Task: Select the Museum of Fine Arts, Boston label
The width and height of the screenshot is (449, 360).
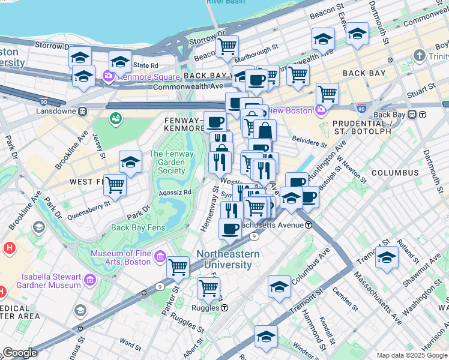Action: [121, 258]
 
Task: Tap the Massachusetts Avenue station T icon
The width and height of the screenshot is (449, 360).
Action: [309, 224]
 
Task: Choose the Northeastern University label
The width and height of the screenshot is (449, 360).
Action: [228, 259]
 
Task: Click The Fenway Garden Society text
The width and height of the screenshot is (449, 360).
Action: [171, 163]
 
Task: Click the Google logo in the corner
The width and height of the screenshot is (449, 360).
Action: [19, 353]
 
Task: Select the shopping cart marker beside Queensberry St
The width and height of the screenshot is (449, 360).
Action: [115, 185]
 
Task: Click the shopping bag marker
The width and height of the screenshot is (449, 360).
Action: [265, 130]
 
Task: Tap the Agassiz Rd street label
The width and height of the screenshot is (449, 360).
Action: [175, 193]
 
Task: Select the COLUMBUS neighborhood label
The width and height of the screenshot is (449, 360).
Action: [394, 173]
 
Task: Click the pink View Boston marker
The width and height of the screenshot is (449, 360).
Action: [321, 110]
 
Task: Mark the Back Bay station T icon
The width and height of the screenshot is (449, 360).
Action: [413, 115]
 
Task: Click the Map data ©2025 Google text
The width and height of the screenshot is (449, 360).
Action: [411, 355]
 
